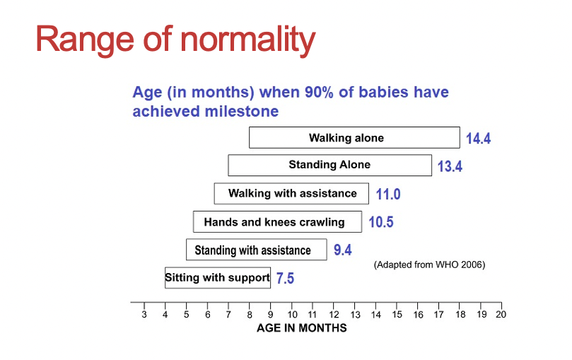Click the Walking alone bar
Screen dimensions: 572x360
click(354, 137)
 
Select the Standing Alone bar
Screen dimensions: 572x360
click(329, 166)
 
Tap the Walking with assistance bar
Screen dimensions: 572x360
click(291, 194)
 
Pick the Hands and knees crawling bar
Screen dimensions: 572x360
click(278, 222)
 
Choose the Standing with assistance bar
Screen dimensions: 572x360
click(257, 250)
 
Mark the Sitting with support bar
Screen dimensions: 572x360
click(218, 277)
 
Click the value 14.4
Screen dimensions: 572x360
click(478, 138)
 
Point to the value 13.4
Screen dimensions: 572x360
click(450, 166)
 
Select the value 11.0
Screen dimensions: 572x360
click(388, 194)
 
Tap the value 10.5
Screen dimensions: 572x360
click(381, 222)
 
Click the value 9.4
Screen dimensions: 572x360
click(342, 250)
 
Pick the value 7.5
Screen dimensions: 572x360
click(285, 278)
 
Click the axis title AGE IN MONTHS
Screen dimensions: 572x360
click(302, 328)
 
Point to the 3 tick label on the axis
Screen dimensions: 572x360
click(144, 315)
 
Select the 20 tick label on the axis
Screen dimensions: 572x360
click(501, 315)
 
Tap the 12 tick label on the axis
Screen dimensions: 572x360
click(334, 315)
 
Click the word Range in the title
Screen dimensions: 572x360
click(85, 40)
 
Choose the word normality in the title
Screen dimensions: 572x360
click(248, 40)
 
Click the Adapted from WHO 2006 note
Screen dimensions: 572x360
click(429, 265)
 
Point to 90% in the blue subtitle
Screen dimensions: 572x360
click(319, 92)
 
